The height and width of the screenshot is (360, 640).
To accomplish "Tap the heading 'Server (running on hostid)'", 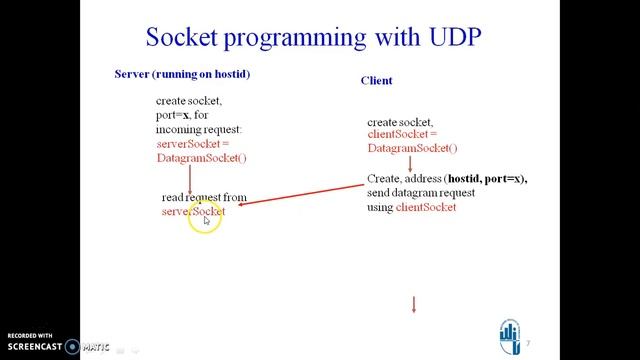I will pos(182,75).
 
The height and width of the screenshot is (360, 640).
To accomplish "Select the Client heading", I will pos(376,80).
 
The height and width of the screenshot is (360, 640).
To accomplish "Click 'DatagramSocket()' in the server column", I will pos(201,158).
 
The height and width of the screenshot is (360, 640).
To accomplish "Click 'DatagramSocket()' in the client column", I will pos(412,149).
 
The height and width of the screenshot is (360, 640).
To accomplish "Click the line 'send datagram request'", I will pos(421,193).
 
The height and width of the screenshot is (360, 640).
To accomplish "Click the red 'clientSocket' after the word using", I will pos(426,207).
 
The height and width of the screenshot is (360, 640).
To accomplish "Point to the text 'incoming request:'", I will pos(199,130).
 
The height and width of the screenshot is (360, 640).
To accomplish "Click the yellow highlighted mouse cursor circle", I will pos(205,217).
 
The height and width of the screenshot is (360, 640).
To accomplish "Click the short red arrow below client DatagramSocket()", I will pos(410,163).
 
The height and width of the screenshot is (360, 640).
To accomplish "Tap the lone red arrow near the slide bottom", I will pos(414,304).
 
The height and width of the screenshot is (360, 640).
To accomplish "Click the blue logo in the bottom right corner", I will pos(510,336).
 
